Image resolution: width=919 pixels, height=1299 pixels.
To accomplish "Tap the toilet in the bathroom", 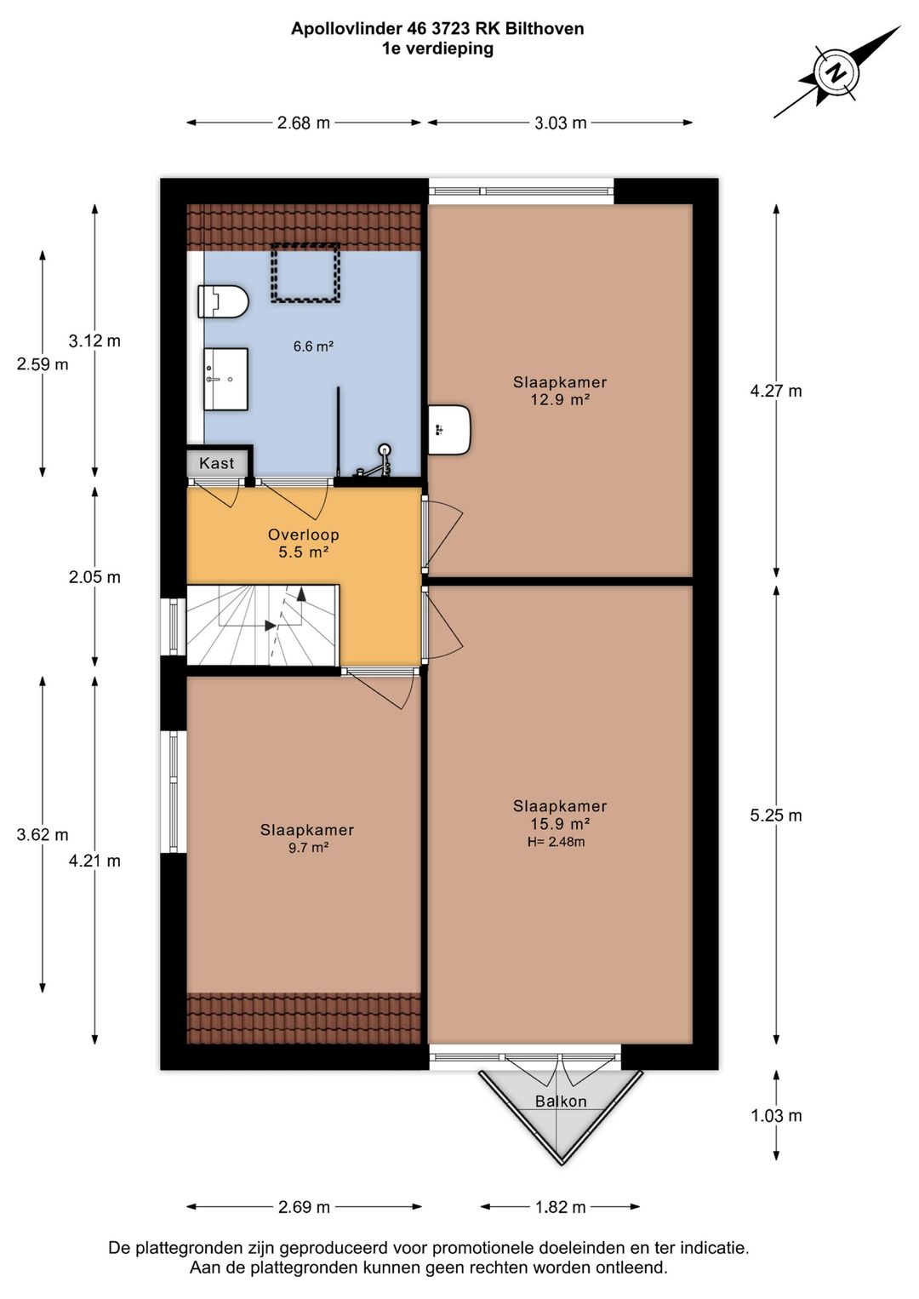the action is [223, 301].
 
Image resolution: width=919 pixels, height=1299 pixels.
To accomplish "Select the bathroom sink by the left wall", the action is [225, 379].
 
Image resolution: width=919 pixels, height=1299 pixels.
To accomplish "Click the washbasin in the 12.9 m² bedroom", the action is [449, 430].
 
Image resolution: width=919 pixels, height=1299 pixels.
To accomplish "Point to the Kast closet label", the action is [216, 463].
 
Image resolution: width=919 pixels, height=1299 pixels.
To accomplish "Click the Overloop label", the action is [303, 535].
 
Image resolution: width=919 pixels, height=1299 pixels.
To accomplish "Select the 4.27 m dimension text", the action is [776, 392].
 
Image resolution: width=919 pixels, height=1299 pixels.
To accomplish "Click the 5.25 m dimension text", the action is [776, 815].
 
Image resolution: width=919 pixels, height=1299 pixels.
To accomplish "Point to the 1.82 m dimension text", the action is [560, 1207].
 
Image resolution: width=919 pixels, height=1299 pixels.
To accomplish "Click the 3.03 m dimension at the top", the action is [560, 123].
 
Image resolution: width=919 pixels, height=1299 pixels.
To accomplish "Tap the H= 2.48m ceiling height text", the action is [556, 842].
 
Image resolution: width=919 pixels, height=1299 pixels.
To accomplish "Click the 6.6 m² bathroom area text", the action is [313, 346].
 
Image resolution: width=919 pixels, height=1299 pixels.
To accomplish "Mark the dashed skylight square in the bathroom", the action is [305, 273].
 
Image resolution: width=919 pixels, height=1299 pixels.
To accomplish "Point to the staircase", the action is [263, 625].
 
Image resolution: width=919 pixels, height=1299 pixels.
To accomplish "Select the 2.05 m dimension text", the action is [94, 577].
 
